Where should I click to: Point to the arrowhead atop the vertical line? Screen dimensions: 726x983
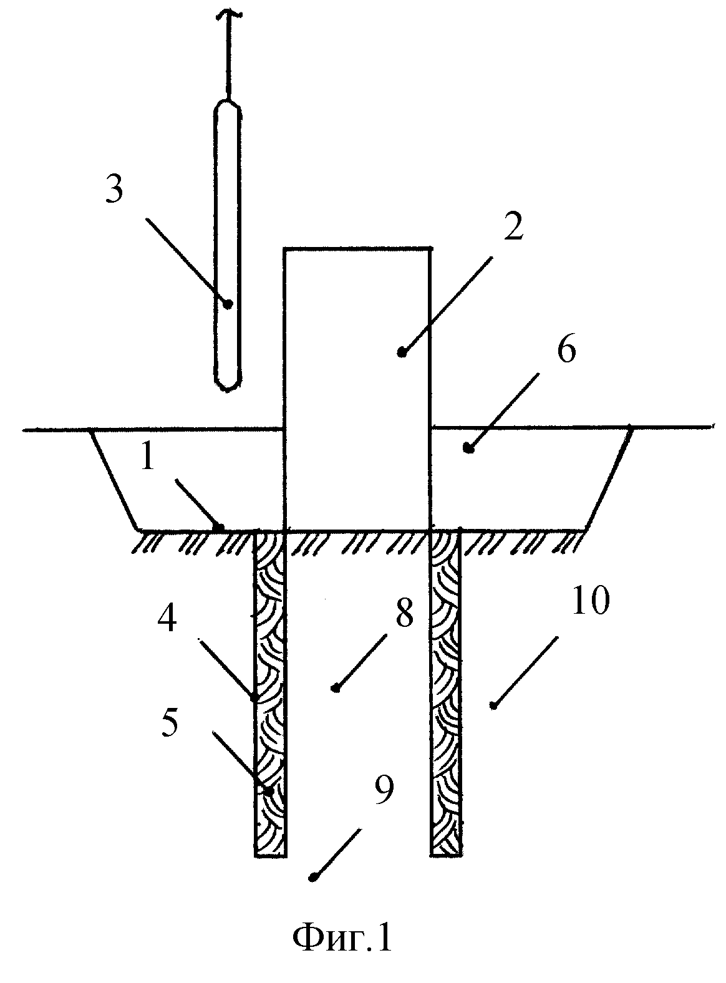tap(229, 13)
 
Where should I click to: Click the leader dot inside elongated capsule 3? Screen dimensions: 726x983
tap(228, 304)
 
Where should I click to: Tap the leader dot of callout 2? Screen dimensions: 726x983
tap(402, 353)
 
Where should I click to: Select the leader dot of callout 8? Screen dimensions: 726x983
tap(336, 688)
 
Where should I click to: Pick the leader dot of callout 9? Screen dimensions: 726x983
tap(314, 876)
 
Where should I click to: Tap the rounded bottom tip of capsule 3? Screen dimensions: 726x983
tap(228, 390)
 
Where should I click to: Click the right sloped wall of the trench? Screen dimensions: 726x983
tap(609, 478)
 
